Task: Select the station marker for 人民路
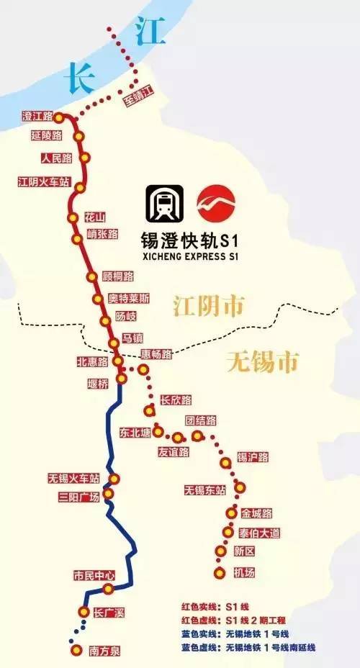pyautogui.click(x=86, y=158)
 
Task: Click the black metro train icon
pyautogui.click(x=164, y=204)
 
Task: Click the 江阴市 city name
pyautogui.click(x=208, y=305)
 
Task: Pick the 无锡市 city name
pyautogui.click(x=261, y=361)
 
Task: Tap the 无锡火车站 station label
pyautogui.click(x=73, y=478)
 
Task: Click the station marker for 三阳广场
pyautogui.click(x=108, y=493)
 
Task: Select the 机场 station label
pyautogui.click(x=245, y=572)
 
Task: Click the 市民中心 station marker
pyautogui.click(x=108, y=589)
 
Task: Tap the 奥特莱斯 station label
pyautogui.click(x=130, y=298)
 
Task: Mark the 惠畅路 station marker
pyautogui.click(x=143, y=370)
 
